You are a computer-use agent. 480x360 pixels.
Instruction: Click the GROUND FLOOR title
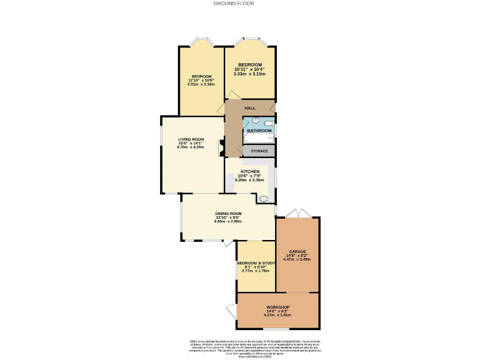[234, 3]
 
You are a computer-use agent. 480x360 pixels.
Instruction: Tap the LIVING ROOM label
[191, 139]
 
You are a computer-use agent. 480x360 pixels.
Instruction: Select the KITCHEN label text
[251, 172]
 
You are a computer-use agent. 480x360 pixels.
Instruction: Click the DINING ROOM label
[228, 214]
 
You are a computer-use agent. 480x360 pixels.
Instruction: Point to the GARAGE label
[297, 251]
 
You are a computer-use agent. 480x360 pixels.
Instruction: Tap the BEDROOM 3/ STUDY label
[256, 263]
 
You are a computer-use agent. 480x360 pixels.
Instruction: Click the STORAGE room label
[259, 151]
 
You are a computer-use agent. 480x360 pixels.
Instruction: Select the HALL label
[250, 108]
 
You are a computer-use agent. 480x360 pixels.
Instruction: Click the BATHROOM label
[259, 130]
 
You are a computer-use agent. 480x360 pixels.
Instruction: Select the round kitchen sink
[263, 200]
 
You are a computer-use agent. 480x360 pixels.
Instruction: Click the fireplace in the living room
[221, 149]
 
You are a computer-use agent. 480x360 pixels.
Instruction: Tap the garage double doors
[299, 214]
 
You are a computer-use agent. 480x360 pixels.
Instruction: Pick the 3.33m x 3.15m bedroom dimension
[249, 74]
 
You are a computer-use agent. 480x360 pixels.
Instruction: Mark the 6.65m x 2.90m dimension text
[228, 221]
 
